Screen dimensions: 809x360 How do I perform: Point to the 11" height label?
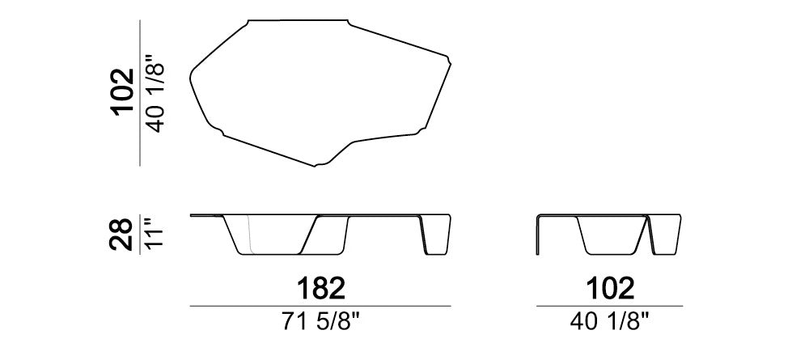pos(155,233)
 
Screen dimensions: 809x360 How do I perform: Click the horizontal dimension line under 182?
pos(320,307)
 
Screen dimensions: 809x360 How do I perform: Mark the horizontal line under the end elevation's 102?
pos(609,307)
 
